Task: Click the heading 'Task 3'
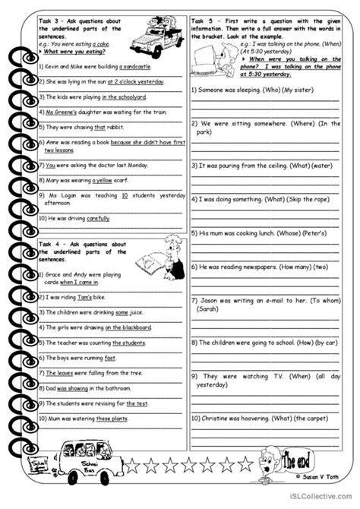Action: point(53,20)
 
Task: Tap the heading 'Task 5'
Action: point(205,20)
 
